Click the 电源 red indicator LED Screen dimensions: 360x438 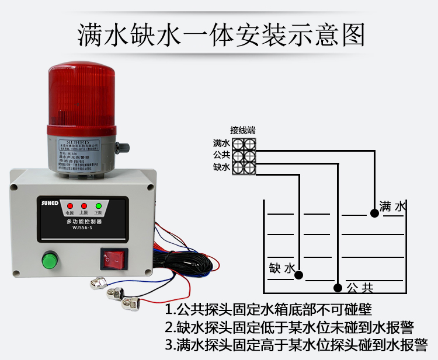69,206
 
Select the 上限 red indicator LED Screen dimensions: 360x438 84,206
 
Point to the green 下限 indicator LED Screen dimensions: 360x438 98,206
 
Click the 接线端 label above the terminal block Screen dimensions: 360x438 242,130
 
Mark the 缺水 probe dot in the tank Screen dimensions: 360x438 299,274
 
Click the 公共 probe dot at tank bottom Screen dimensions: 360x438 338,287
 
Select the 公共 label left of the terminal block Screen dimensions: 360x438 221,155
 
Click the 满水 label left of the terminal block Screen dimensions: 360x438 221,143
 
